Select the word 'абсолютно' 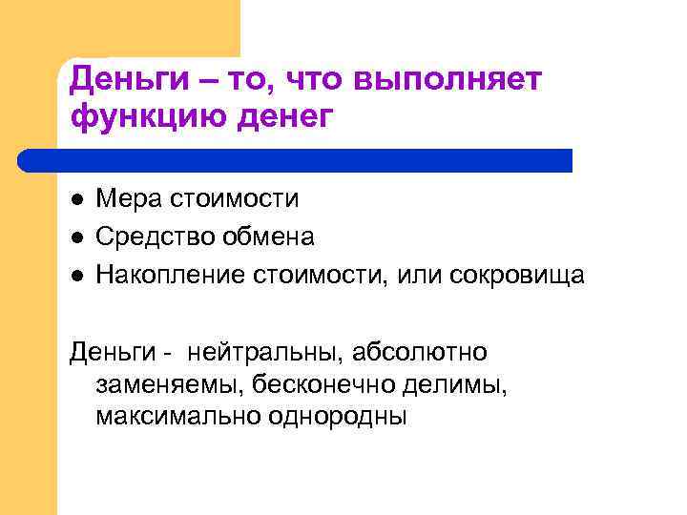click(x=419, y=353)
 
